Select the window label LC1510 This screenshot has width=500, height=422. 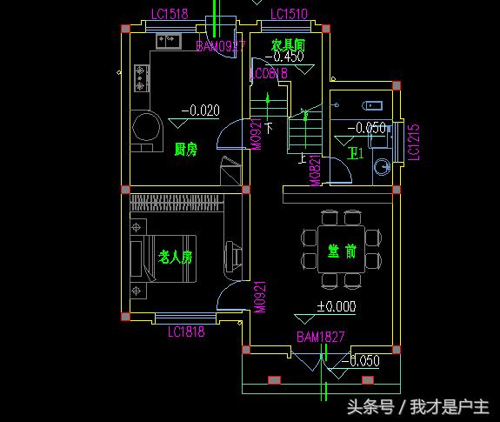[289, 14]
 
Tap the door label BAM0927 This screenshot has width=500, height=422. [220, 45]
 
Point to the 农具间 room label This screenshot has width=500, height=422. [287, 44]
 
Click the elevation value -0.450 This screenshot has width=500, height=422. [283, 57]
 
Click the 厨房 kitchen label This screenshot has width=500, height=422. [185, 149]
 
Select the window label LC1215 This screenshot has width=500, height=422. [414, 141]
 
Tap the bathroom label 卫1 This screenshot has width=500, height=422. [355, 154]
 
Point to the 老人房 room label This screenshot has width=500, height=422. [175, 258]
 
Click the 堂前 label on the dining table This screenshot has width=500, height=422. [340, 251]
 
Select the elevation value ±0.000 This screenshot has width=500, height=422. [336, 306]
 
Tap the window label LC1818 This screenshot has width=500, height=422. [185, 331]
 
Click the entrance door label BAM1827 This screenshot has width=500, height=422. [321, 336]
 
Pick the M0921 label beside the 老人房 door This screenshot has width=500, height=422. [258, 296]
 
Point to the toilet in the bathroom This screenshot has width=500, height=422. [381, 165]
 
